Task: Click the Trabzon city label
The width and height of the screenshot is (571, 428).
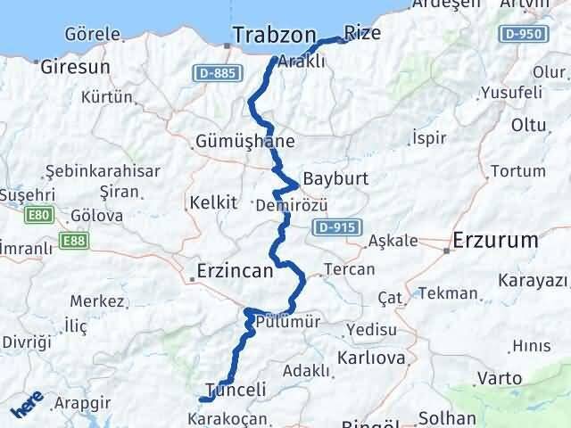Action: coord(274,35)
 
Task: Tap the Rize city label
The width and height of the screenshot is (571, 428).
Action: coord(362,33)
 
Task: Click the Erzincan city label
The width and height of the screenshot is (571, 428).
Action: coord(235,272)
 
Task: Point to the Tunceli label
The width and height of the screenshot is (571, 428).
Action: coord(236,390)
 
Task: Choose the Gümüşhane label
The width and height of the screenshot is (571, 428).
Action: coord(245,141)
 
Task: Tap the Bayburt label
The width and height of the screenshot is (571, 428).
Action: coord(335,178)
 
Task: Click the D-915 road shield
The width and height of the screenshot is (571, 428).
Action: coord(338,228)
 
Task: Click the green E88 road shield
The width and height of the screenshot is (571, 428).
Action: coord(70,240)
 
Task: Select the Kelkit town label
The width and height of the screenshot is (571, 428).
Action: coord(213,202)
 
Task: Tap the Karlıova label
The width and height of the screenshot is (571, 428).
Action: coord(371,358)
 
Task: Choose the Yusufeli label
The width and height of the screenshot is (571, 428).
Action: coord(511,92)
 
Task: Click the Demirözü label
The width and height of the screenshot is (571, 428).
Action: coord(285,205)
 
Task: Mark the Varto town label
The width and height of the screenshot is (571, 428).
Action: coord(500,378)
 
